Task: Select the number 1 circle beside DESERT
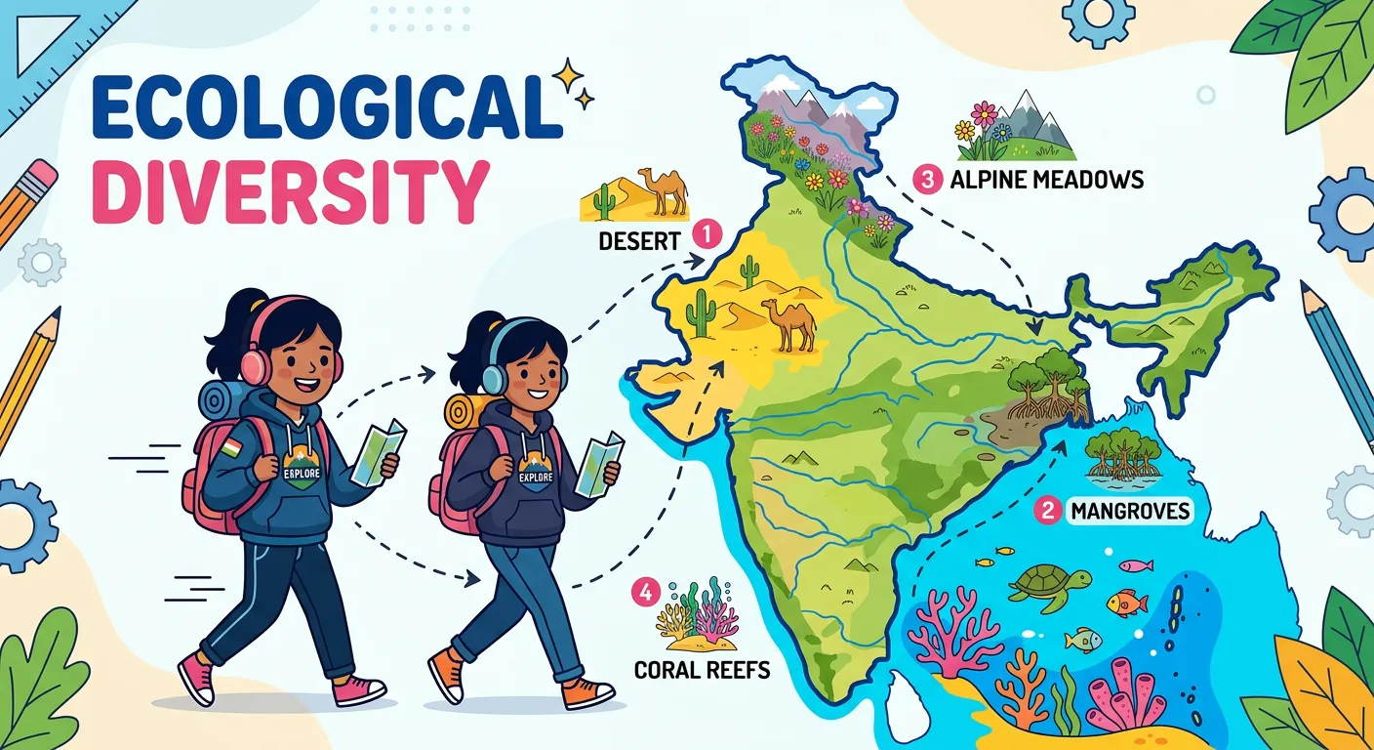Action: click(x=706, y=234)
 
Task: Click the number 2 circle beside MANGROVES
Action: click(x=1049, y=510)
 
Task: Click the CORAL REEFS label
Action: click(x=702, y=670)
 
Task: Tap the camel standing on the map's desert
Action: click(x=788, y=322)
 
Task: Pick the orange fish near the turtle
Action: click(x=1128, y=604)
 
